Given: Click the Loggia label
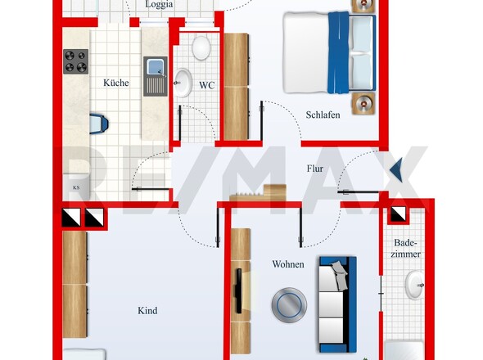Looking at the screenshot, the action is pyautogui.click(x=159, y=5).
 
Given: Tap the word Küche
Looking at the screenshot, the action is pyautogui.click(x=115, y=83).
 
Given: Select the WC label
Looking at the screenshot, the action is pyautogui.click(x=206, y=85).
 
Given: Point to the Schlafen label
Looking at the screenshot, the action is pyautogui.click(x=323, y=115).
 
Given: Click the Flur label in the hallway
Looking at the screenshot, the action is pyautogui.click(x=315, y=169).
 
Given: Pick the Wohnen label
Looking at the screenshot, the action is pyautogui.click(x=288, y=264).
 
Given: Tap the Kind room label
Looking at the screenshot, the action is pyautogui.click(x=147, y=310).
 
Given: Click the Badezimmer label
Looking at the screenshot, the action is pyautogui.click(x=406, y=248).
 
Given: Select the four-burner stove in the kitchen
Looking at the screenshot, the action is pyautogui.click(x=76, y=61).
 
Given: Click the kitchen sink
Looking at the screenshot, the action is pyautogui.click(x=156, y=76).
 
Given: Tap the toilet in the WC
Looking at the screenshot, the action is pyautogui.click(x=201, y=47).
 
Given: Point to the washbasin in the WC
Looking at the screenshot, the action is pyautogui.click(x=183, y=83).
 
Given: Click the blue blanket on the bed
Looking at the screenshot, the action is pyautogui.click(x=339, y=52).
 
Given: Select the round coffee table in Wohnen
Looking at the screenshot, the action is pyautogui.click(x=289, y=305).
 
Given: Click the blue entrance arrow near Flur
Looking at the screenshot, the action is pyautogui.click(x=396, y=169).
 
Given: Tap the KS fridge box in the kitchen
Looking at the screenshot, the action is pyautogui.click(x=76, y=187).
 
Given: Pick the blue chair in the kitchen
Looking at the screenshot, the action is pyautogui.click(x=98, y=124).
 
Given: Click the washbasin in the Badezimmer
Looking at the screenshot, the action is pyautogui.click(x=414, y=286).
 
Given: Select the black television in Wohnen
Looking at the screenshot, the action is pyautogui.click(x=238, y=291).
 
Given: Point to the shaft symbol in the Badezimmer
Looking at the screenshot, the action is pyautogui.click(x=399, y=214).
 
